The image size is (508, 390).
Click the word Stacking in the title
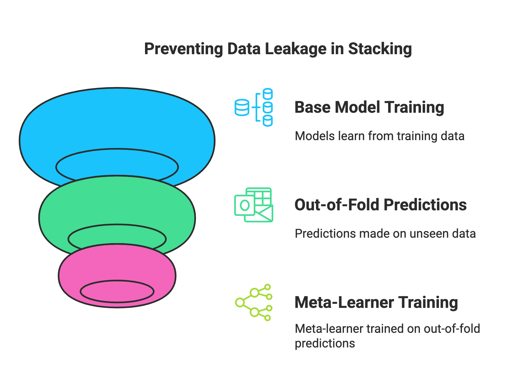click(380, 49)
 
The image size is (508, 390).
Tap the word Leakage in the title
click(295, 49)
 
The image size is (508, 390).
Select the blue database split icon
click(253, 107)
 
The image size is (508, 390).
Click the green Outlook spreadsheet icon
click(253, 205)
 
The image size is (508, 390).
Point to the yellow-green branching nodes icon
click(253, 302)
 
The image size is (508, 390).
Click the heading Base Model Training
click(369, 107)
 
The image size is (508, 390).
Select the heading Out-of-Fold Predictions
click(380, 205)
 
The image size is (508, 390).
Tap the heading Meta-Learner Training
click(376, 302)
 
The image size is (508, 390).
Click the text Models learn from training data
click(379, 136)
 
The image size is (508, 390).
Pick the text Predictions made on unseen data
click(385, 234)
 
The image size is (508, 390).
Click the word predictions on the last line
click(325, 344)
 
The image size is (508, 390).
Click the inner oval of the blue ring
click(117, 166)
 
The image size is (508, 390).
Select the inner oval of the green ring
click(117, 238)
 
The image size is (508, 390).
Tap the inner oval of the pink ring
click(117, 291)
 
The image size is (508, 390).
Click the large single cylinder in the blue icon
click(242, 108)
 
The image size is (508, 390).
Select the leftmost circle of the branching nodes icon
click(240, 302)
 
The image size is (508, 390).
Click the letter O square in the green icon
click(245, 205)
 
